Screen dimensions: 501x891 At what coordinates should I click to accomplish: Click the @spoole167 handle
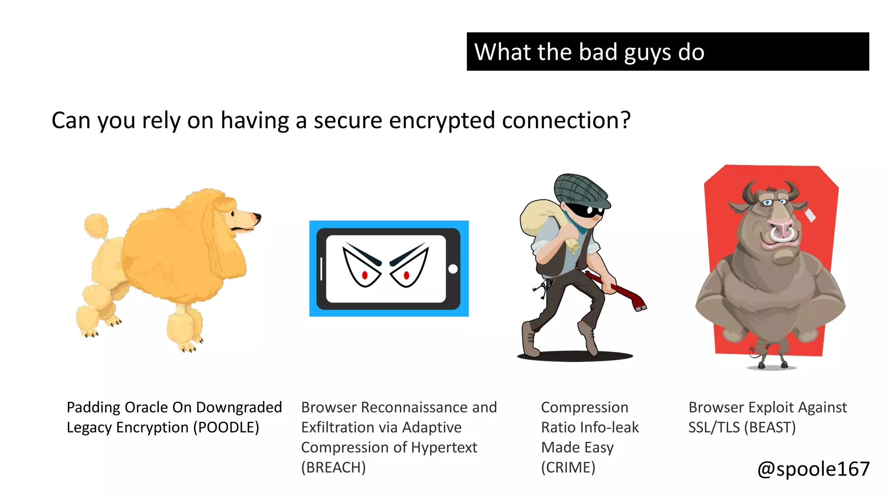[x=813, y=469]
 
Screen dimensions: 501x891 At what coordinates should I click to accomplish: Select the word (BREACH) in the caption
[x=333, y=468]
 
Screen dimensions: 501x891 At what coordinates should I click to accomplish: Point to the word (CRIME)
[x=568, y=468]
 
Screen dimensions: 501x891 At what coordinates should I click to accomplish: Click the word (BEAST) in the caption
[x=770, y=428]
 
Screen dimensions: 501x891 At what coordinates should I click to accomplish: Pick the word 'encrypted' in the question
[x=442, y=120]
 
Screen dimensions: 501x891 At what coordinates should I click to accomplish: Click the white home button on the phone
[x=453, y=269]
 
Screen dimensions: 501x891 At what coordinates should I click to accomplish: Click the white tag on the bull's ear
[x=810, y=216]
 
